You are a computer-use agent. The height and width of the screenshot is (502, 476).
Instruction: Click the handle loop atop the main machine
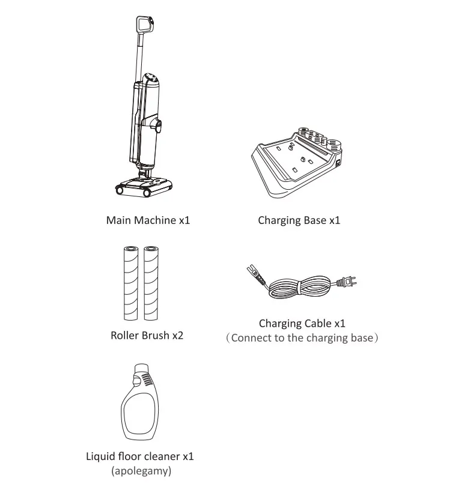(x=144, y=25)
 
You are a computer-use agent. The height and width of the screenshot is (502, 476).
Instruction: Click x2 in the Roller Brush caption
(x=177, y=335)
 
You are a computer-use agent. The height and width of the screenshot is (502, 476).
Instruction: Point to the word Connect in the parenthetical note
(x=251, y=337)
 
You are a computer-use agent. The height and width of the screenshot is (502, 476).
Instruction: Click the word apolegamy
(x=141, y=471)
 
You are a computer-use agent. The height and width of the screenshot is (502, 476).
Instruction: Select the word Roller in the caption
(x=124, y=335)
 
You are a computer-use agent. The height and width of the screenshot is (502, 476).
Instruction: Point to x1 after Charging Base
(x=334, y=220)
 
